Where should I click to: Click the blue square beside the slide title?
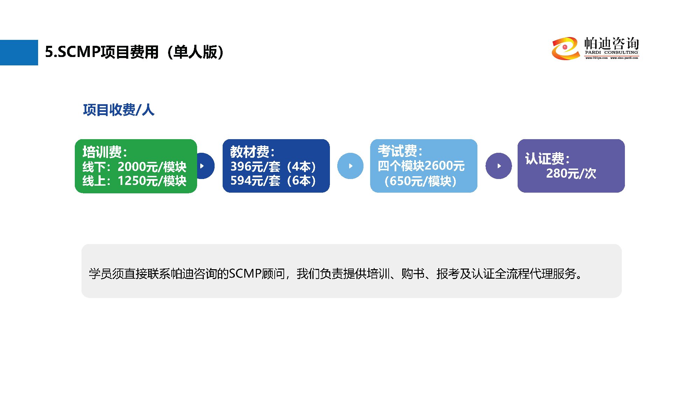pyautogui.click(x=19, y=52)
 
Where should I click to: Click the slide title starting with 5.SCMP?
pyautogui.click(x=135, y=52)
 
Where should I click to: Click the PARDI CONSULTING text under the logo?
pyautogui.click(x=611, y=52)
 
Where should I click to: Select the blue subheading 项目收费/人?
pyautogui.click(x=118, y=110)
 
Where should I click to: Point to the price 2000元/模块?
pyautogui.click(x=152, y=167)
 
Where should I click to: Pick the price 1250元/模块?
pyautogui.click(x=152, y=181)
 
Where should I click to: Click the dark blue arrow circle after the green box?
pyautogui.click(x=204, y=166)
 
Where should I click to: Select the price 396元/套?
pyautogui.click(x=255, y=167)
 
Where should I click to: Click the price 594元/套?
pyautogui.click(x=255, y=181)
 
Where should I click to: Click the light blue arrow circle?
pyautogui.click(x=350, y=166)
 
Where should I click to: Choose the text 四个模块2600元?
pyautogui.click(x=421, y=166)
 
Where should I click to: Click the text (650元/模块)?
pyautogui.click(x=420, y=181)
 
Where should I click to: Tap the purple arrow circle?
pyautogui.click(x=498, y=166)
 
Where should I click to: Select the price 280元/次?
pyautogui.click(x=571, y=173)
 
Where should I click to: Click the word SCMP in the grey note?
pyautogui.click(x=245, y=273)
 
